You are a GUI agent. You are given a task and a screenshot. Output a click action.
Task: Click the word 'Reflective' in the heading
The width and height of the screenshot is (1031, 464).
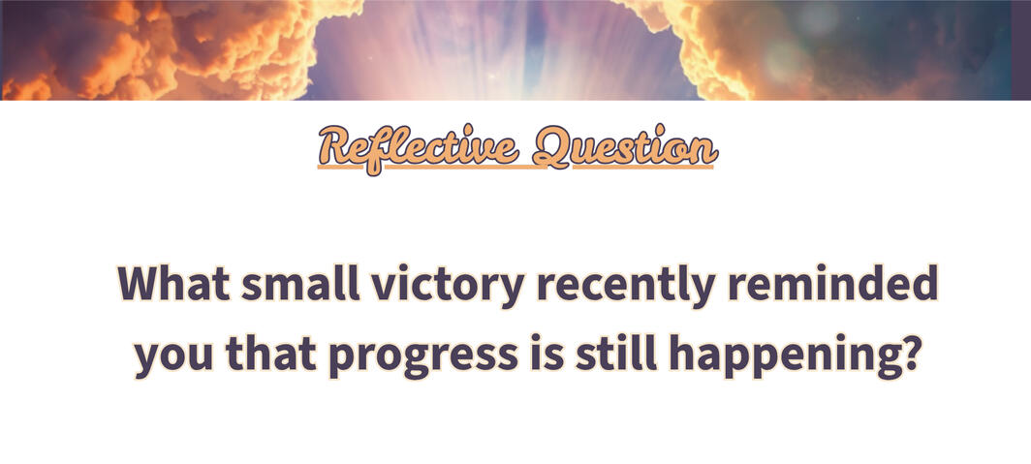coord(418,148)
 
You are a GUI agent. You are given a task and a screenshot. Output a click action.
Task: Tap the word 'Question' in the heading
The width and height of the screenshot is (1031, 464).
coord(625,147)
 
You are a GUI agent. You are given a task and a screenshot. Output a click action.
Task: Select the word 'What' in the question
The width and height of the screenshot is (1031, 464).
coord(173,283)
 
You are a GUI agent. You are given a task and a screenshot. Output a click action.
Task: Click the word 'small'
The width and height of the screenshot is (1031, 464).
coord(300,283)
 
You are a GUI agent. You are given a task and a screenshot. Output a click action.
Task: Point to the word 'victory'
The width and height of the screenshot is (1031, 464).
coord(448,287)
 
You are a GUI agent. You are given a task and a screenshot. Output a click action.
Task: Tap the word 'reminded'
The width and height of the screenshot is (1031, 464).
coord(831,283)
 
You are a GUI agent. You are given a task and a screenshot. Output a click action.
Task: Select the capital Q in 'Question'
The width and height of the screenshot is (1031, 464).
coord(551,147)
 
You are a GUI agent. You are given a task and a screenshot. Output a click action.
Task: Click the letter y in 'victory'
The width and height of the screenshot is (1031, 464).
coord(511,292)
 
